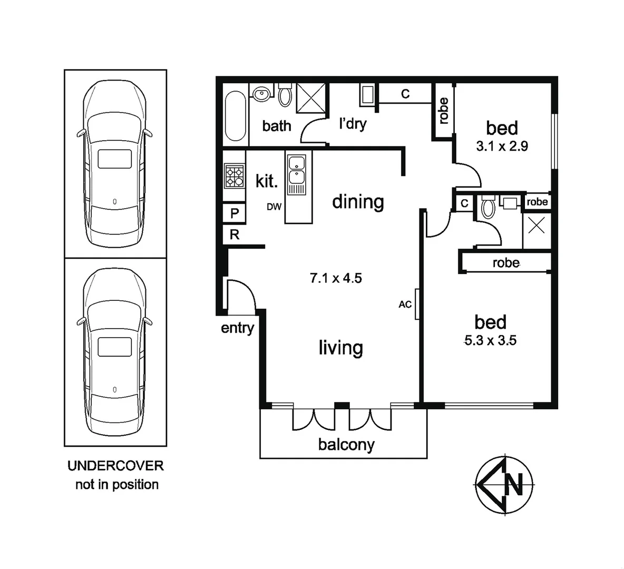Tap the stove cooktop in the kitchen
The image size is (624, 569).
tap(235, 176)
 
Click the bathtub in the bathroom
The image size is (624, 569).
tap(235, 116)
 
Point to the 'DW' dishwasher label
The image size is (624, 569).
tap(274, 207)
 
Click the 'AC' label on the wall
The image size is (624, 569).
tap(405, 304)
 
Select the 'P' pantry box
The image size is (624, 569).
tap(235, 213)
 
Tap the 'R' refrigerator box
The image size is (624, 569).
tap(235, 235)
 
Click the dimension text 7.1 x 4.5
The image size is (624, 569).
tap(336, 278)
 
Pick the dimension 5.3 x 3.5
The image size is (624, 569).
tap(490, 340)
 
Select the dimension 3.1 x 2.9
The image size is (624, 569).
tap(502, 146)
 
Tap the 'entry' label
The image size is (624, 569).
tap(237, 328)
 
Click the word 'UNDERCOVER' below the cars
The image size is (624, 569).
tap(115, 466)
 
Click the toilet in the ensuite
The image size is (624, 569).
tap(489, 208)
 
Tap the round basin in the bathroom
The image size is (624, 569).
tap(261, 94)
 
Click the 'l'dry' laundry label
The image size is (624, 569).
tap(352, 124)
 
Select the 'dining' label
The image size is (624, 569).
tap(358, 202)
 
